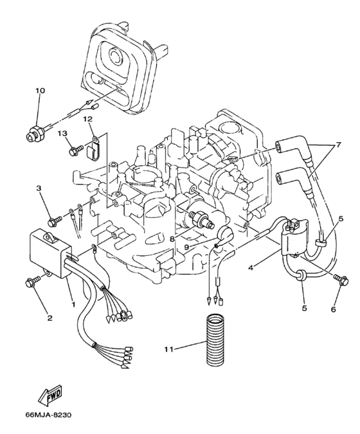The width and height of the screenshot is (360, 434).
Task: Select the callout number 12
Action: tap(87, 119)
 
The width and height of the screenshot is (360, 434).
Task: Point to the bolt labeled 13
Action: tap(73, 152)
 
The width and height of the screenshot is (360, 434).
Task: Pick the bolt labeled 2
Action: tap(31, 281)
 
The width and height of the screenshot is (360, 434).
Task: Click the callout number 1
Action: tap(73, 303)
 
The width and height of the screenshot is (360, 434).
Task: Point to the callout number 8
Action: tap(172, 238)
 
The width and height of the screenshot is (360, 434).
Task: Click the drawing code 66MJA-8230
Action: tap(49, 415)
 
